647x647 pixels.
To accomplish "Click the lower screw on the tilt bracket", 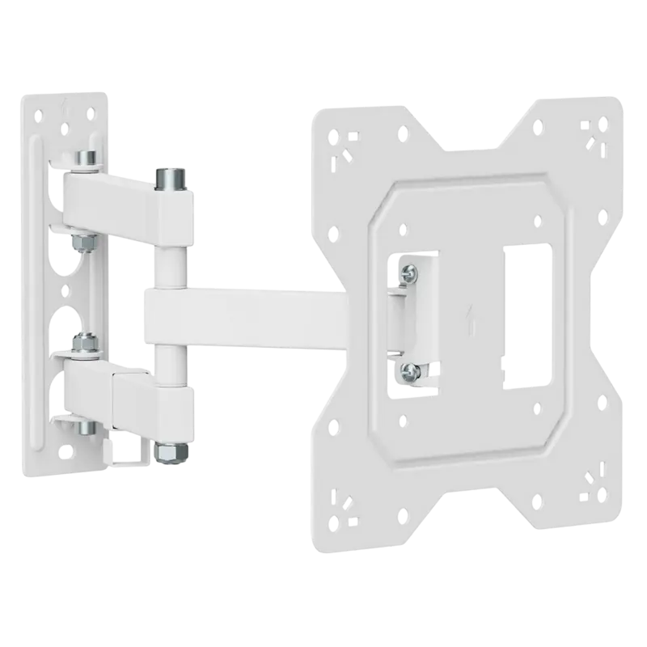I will [x=411, y=370].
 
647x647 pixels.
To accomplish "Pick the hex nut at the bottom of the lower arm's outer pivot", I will [x=167, y=452].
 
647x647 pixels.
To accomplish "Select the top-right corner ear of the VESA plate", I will [x=594, y=133].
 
